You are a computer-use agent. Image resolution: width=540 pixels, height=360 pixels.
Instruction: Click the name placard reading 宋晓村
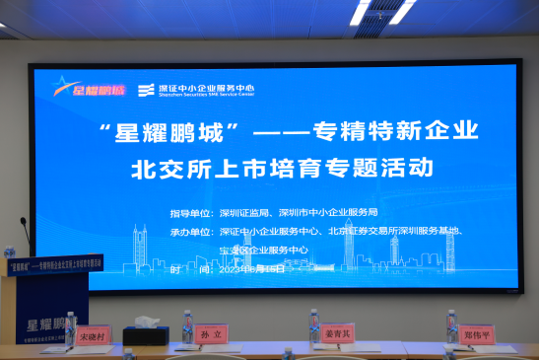click(x=92, y=335)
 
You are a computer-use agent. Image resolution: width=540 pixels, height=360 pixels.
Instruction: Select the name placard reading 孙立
click(x=209, y=333)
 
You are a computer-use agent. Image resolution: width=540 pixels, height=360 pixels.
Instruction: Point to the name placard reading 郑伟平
click(x=476, y=333)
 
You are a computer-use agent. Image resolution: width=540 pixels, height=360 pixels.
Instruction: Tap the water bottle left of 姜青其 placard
click(x=313, y=326)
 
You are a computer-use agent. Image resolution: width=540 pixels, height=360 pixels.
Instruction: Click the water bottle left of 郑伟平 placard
click(x=451, y=326)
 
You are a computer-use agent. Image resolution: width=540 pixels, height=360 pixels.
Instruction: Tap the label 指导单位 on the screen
click(x=190, y=212)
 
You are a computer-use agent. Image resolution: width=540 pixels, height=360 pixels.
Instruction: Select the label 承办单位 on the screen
click(x=190, y=232)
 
